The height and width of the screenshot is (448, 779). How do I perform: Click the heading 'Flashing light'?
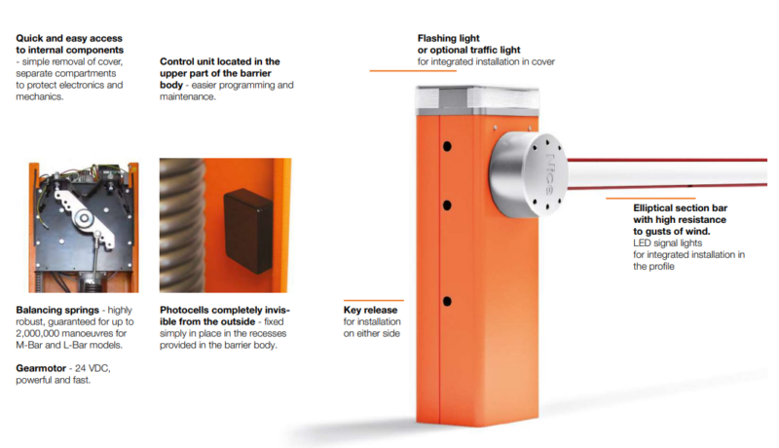(x=448, y=38)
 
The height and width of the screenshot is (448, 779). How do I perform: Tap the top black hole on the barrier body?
(x=447, y=146)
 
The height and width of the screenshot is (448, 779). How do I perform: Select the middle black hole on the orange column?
(x=447, y=205)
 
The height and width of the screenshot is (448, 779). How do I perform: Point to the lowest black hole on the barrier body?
(x=447, y=301)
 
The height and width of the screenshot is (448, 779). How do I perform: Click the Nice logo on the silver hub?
(x=550, y=174)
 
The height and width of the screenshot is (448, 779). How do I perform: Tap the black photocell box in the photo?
(x=248, y=231)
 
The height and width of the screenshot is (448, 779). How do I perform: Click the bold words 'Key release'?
(x=370, y=310)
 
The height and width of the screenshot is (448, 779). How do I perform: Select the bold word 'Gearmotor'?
(x=41, y=368)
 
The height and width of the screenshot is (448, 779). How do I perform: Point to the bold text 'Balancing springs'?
(x=57, y=310)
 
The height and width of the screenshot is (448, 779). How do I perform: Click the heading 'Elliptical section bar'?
(x=680, y=208)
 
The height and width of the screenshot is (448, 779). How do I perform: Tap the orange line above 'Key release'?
(x=374, y=300)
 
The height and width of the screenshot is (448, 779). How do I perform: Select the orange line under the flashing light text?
(x=413, y=70)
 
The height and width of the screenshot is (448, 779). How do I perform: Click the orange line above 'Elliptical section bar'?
(x=650, y=198)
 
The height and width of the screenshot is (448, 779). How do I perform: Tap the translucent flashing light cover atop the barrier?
(x=477, y=101)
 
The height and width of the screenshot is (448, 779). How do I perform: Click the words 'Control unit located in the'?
(x=220, y=61)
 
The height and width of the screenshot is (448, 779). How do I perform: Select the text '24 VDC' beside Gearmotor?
(x=92, y=368)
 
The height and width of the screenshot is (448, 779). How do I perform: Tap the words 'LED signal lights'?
(x=667, y=243)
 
